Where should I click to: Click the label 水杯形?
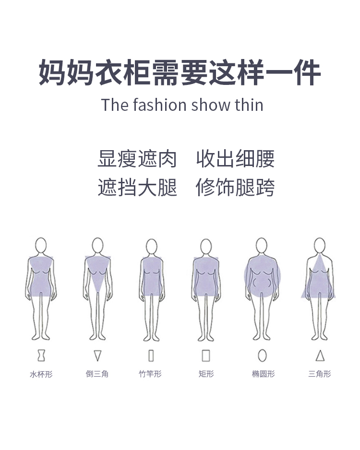(41, 374)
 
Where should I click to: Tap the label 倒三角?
(97, 374)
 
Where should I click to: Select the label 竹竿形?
(150, 374)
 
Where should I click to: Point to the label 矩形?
(206, 374)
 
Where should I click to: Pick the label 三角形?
(320, 374)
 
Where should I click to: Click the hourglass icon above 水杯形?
(41, 355)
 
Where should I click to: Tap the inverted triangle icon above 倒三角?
(97, 355)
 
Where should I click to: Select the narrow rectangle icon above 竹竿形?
(151, 355)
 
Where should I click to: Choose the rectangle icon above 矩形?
(206, 355)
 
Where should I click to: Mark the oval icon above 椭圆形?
(262, 355)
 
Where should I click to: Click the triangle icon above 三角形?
(320, 355)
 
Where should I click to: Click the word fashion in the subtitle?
(158, 105)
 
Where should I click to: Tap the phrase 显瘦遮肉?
(137, 159)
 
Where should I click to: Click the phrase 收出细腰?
(235, 159)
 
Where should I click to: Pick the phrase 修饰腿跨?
(235, 187)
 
